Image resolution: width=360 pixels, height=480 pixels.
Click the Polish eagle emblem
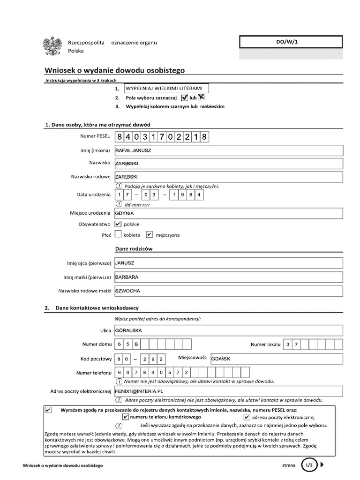pyautogui.click(x=52, y=47)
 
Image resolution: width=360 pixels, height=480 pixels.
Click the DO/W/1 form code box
pyautogui.click(x=291, y=42)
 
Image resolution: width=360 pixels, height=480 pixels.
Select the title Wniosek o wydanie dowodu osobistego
pyautogui.click(x=115, y=70)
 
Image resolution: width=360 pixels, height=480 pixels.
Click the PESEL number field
pyautogui.click(x=161, y=137)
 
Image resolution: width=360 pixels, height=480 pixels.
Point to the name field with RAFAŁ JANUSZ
pyautogui.click(x=229, y=151)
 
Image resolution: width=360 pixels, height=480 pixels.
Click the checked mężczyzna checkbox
pyautogui.click(x=150, y=234)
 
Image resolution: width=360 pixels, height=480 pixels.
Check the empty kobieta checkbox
pyautogui.click(x=118, y=234)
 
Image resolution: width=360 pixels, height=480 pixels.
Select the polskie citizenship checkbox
pyautogui.click(x=118, y=224)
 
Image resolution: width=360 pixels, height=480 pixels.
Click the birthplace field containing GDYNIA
pyautogui.click(x=229, y=214)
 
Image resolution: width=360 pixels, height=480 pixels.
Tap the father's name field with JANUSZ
pyautogui.click(x=229, y=263)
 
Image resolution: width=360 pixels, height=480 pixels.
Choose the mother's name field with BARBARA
pyautogui.click(x=229, y=277)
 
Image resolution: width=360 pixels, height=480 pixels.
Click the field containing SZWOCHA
pyautogui.click(x=229, y=291)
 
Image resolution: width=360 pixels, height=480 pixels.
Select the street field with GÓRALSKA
pyautogui.click(x=229, y=331)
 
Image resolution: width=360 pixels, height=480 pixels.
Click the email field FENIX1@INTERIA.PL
pyautogui.click(x=229, y=390)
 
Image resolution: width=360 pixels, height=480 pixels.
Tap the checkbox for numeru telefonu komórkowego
pyautogui.click(x=125, y=417)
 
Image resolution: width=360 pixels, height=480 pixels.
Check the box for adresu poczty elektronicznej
pyautogui.click(x=247, y=417)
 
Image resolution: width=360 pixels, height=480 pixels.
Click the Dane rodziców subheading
pyautogui.click(x=134, y=248)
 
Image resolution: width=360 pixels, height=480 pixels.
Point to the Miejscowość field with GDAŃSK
pyautogui.click(x=277, y=359)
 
